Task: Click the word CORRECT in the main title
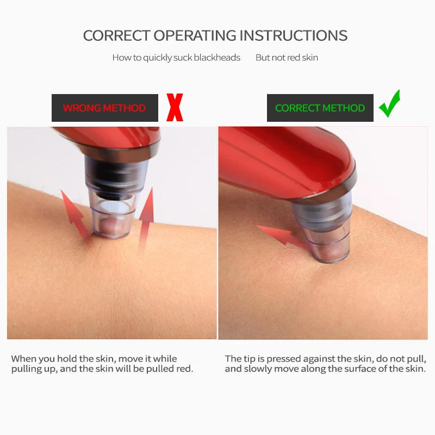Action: tap(117, 35)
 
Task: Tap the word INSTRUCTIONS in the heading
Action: tap(293, 35)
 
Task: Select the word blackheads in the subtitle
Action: tap(217, 58)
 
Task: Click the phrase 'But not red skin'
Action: tap(287, 58)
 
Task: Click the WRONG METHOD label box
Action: tap(105, 108)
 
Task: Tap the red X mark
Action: tap(175, 107)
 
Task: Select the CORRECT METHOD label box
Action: tap(320, 108)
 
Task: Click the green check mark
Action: tap(390, 103)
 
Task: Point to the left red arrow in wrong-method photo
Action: tap(73, 214)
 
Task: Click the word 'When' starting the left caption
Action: tap(23, 359)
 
